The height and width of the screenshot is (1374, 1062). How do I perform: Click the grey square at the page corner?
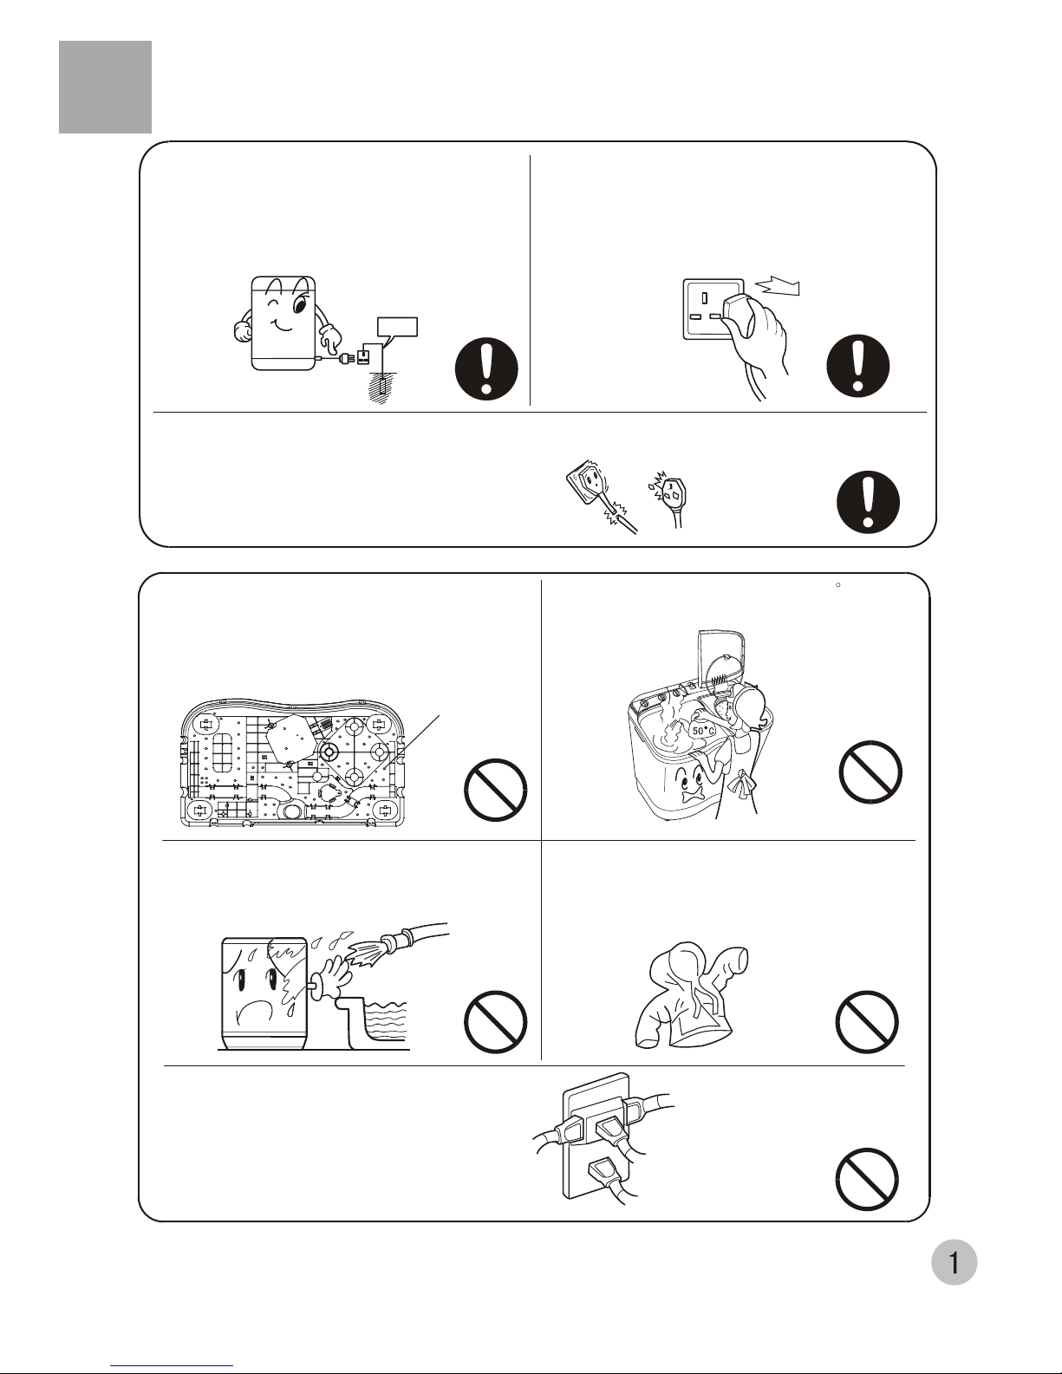(x=105, y=88)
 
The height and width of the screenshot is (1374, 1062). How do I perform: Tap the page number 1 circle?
(x=954, y=1262)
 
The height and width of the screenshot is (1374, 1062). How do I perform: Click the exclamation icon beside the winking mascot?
(x=486, y=368)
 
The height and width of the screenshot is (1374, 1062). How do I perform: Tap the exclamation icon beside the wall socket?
(x=857, y=366)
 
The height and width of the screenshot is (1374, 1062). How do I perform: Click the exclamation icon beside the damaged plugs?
(x=868, y=502)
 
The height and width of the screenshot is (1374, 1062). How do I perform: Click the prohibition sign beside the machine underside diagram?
(x=496, y=790)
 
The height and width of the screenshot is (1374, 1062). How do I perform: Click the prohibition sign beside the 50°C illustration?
(x=870, y=772)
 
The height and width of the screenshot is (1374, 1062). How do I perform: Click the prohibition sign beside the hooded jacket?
(x=867, y=1021)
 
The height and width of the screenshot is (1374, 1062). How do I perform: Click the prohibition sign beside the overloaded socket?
(x=867, y=1179)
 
